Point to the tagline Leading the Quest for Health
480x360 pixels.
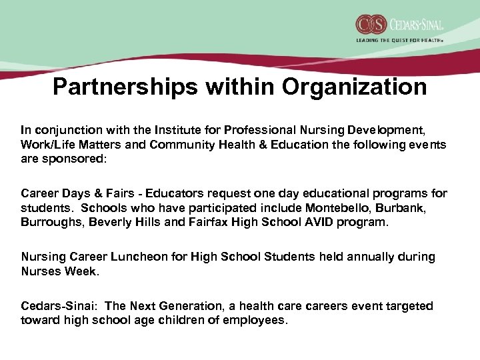coord(399,40)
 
